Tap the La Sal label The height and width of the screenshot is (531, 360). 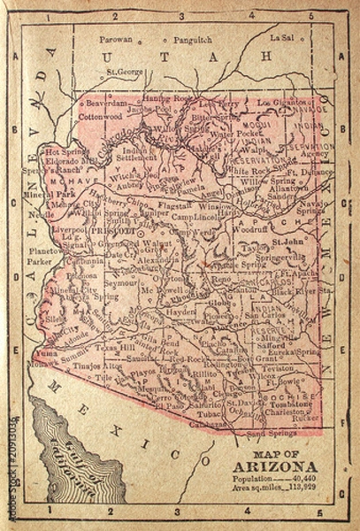(x=281, y=39)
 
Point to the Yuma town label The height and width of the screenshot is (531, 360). (x=47, y=351)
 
